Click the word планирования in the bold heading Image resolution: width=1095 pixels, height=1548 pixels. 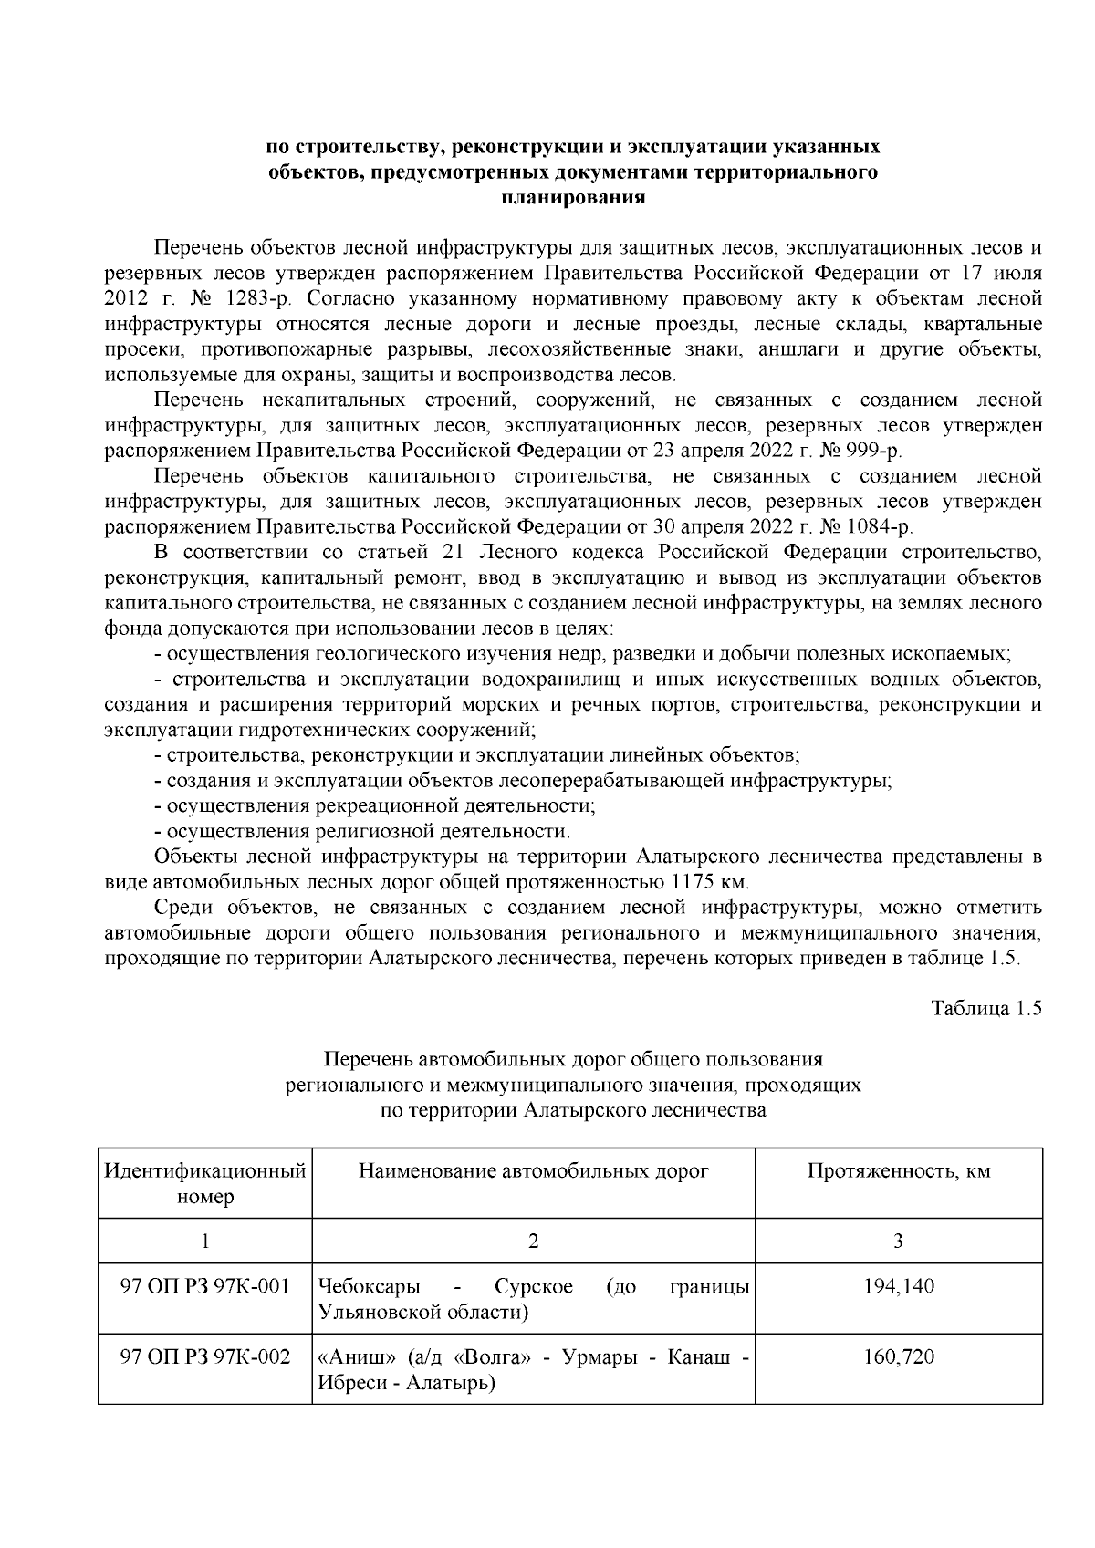point(573,197)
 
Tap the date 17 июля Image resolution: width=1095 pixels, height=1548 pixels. point(998,273)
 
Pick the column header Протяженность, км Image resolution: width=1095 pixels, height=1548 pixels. point(898,1171)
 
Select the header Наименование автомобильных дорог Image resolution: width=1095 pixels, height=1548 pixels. point(534,1171)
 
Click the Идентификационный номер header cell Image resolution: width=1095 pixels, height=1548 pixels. point(205,1183)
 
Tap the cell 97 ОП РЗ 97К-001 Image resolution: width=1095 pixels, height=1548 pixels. point(205,1287)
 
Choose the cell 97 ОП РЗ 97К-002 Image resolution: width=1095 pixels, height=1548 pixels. point(205,1357)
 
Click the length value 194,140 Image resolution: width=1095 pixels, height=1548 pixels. point(898,1287)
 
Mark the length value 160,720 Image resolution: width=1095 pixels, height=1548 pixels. point(898,1357)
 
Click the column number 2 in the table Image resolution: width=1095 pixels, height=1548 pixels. point(534,1241)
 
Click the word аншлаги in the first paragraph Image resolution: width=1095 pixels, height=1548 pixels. point(793,349)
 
